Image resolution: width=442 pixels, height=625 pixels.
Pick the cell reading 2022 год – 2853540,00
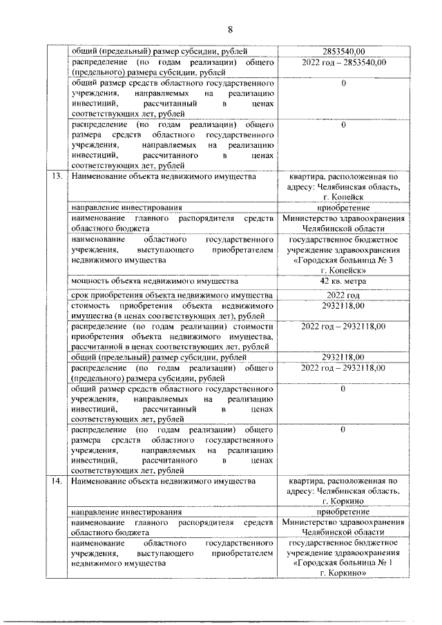pyautogui.click(x=343, y=62)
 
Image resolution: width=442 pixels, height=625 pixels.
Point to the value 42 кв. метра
pyautogui.click(x=343, y=281)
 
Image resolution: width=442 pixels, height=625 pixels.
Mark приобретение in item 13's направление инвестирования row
pyautogui.click(x=343, y=208)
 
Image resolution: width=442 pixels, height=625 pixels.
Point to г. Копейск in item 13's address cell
pyautogui.click(x=343, y=197)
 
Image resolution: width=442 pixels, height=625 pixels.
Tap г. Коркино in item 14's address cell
pyautogui.click(x=343, y=501)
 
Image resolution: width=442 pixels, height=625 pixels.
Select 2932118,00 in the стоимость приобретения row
pyautogui.click(x=343, y=307)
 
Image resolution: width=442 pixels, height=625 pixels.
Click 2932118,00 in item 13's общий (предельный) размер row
pyautogui.click(x=343, y=357)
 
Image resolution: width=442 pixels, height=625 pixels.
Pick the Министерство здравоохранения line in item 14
pyautogui.click(x=343, y=522)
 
